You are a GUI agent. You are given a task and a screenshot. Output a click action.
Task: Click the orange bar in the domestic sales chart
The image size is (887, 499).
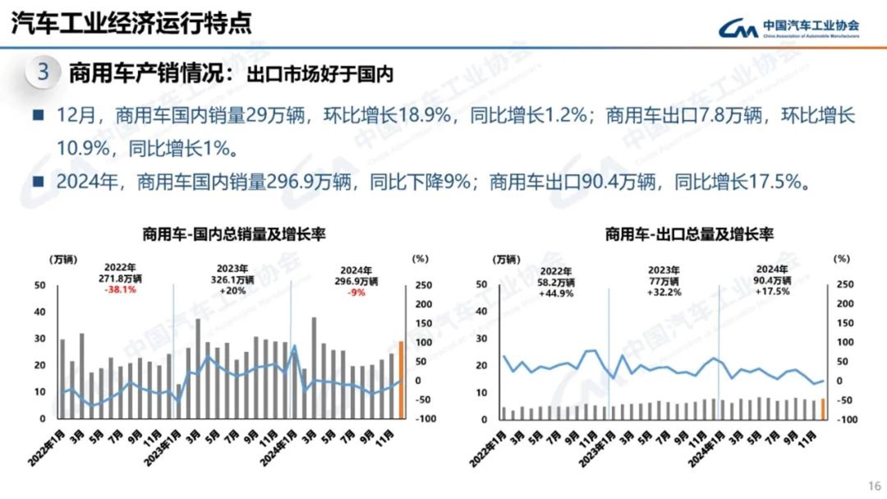402,380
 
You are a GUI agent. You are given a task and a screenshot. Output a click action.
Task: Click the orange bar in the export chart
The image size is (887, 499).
822,409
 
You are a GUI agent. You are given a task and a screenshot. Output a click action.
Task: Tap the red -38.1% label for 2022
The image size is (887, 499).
120,290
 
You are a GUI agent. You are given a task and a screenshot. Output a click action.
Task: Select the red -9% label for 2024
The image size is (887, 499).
356,293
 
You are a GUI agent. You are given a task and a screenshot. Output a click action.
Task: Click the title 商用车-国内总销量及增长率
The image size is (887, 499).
233,234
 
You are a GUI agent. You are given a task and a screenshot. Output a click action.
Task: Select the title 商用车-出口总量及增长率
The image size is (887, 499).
689,234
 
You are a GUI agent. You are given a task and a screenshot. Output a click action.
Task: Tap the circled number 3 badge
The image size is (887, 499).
44,72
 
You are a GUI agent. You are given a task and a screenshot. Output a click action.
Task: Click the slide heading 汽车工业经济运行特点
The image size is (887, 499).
131,24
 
